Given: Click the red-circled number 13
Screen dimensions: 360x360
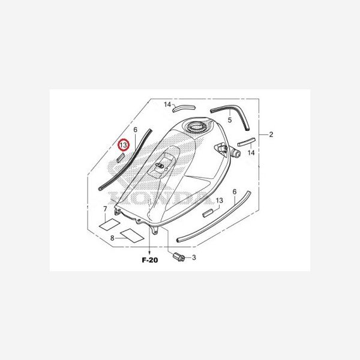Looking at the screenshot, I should coord(123,145).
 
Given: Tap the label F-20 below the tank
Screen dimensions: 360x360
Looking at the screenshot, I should coord(150,260).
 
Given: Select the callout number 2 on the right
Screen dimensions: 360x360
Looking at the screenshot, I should coord(271,134).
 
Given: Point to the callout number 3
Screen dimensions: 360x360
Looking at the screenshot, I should coord(193,257).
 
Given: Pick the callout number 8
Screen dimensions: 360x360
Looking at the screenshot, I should coord(112,238).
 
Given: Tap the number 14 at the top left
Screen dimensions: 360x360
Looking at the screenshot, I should coord(168,105).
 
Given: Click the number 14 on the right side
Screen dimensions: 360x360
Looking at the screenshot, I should coord(251,153).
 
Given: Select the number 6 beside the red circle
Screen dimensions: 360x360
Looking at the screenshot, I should coord(136,130).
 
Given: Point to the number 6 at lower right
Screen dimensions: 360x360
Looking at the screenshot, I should coord(234,191).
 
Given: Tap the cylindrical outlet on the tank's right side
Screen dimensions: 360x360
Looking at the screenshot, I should coord(235,154).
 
